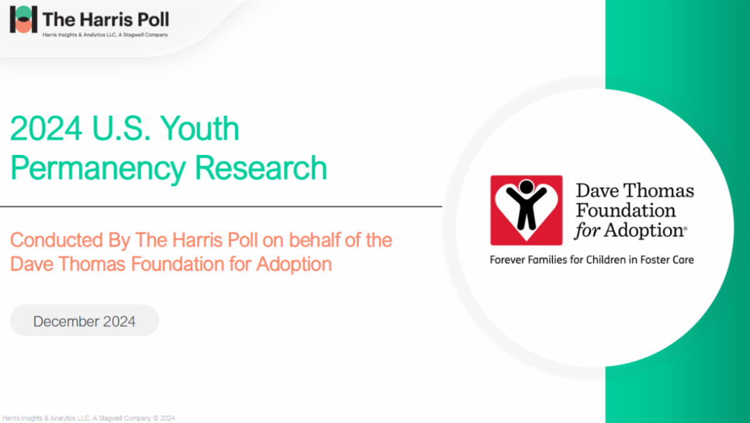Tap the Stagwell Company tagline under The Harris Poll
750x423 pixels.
[104, 35]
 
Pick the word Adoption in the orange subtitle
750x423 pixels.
[294, 264]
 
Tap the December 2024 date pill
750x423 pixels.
[84, 321]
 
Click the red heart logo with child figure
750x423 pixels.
[526, 210]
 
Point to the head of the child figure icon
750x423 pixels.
[526, 186]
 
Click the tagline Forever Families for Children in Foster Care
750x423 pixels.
[592, 259]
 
